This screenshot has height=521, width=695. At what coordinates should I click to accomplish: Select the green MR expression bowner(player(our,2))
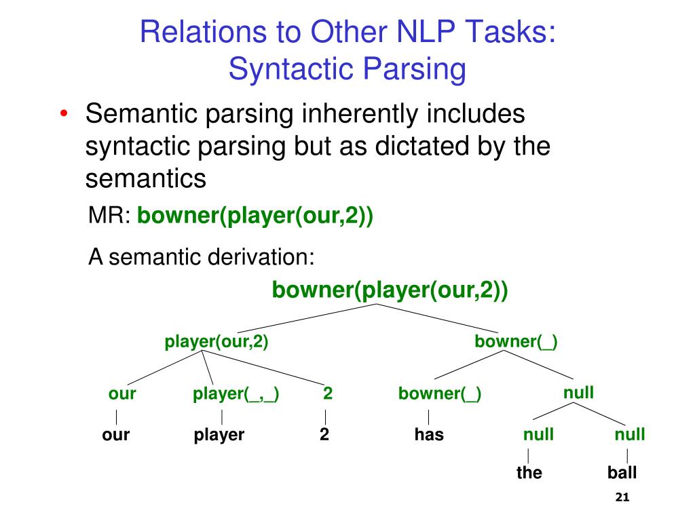[255, 217]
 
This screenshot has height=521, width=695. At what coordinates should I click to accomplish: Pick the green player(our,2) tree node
[217, 342]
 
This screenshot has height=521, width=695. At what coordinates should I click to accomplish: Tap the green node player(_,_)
[236, 394]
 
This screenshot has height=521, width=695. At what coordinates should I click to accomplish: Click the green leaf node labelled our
[122, 394]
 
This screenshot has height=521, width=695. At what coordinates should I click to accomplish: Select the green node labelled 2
[327, 394]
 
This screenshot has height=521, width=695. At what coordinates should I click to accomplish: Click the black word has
[429, 435]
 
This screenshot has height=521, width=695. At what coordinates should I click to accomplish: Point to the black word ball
[622, 473]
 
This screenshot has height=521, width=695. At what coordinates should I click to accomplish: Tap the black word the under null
[529, 473]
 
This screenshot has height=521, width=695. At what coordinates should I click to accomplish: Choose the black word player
[219, 435]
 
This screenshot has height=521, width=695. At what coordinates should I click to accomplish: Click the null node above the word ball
[629, 435]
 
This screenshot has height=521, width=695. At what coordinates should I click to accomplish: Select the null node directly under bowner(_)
[578, 392]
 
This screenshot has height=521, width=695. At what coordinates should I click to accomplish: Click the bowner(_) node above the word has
[440, 394]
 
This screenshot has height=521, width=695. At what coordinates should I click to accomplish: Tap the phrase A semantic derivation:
[202, 258]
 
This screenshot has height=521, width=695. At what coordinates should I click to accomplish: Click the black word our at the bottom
[116, 435]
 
